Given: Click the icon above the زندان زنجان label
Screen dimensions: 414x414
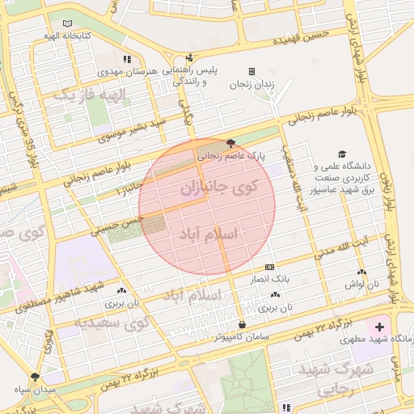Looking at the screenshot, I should click(251, 71).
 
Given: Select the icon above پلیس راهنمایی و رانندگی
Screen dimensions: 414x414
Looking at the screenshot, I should click(190, 58).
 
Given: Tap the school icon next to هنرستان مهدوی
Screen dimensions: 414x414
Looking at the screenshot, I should click(127, 59).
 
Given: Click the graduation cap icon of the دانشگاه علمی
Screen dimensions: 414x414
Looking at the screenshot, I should click(342, 154).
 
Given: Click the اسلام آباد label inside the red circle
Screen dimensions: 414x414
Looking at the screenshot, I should click(209, 234).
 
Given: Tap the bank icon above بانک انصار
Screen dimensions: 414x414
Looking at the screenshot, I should click(269, 266).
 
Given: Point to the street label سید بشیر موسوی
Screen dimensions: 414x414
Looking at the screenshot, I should click(132, 129).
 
